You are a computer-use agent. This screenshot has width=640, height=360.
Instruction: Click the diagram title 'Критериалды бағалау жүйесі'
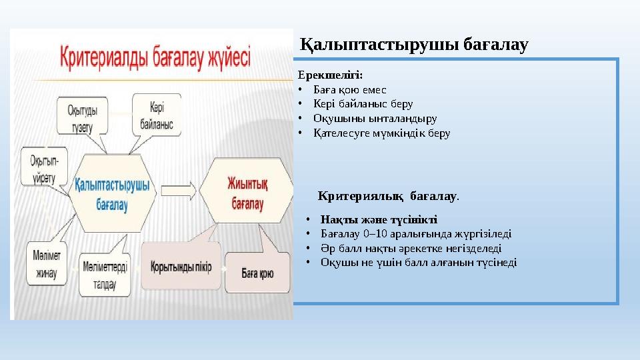(x=156, y=57)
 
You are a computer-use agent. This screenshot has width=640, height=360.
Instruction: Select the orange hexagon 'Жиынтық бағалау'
(x=246, y=192)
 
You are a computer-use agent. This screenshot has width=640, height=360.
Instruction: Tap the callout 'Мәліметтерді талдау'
(x=101, y=273)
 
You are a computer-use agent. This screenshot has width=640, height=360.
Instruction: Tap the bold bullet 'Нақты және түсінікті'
(x=379, y=219)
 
